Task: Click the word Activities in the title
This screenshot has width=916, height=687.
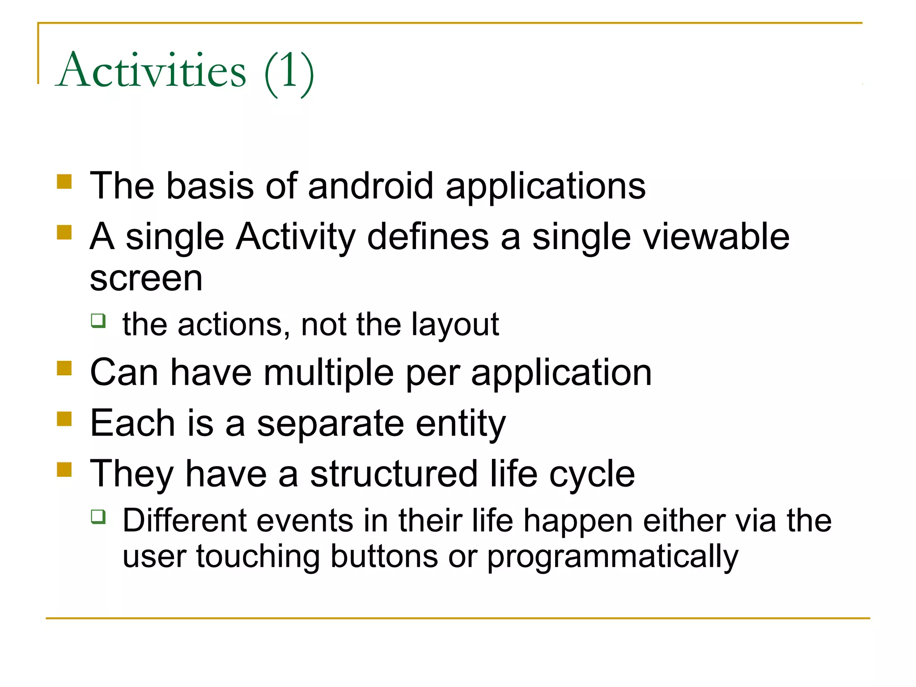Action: (x=151, y=71)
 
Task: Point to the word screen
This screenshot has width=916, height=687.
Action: (x=146, y=280)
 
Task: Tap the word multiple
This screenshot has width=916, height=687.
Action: (x=328, y=373)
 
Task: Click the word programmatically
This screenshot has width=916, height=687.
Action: (x=612, y=557)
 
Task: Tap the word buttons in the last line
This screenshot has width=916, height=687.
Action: (x=384, y=556)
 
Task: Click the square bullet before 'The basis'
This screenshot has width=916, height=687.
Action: (x=64, y=182)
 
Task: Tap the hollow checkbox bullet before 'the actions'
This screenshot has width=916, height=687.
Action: (x=98, y=321)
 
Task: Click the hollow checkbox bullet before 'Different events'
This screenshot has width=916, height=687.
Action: (x=98, y=516)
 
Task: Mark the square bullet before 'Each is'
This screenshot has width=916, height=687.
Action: (x=64, y=419)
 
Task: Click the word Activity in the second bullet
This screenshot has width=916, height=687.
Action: (x=296, y=237)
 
